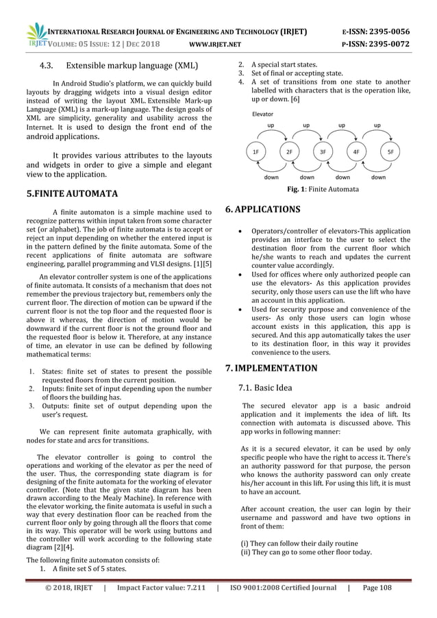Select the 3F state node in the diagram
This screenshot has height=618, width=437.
point(323,151)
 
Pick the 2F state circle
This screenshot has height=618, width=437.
point(290,151)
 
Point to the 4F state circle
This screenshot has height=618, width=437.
point(357,151)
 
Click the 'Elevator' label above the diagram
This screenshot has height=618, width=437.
point(263,114)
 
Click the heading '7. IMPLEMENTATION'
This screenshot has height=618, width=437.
point(271,368)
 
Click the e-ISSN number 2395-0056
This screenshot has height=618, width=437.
point(389,32)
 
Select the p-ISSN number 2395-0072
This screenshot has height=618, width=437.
point(389,45)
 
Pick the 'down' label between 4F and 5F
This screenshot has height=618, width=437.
point(378,177)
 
